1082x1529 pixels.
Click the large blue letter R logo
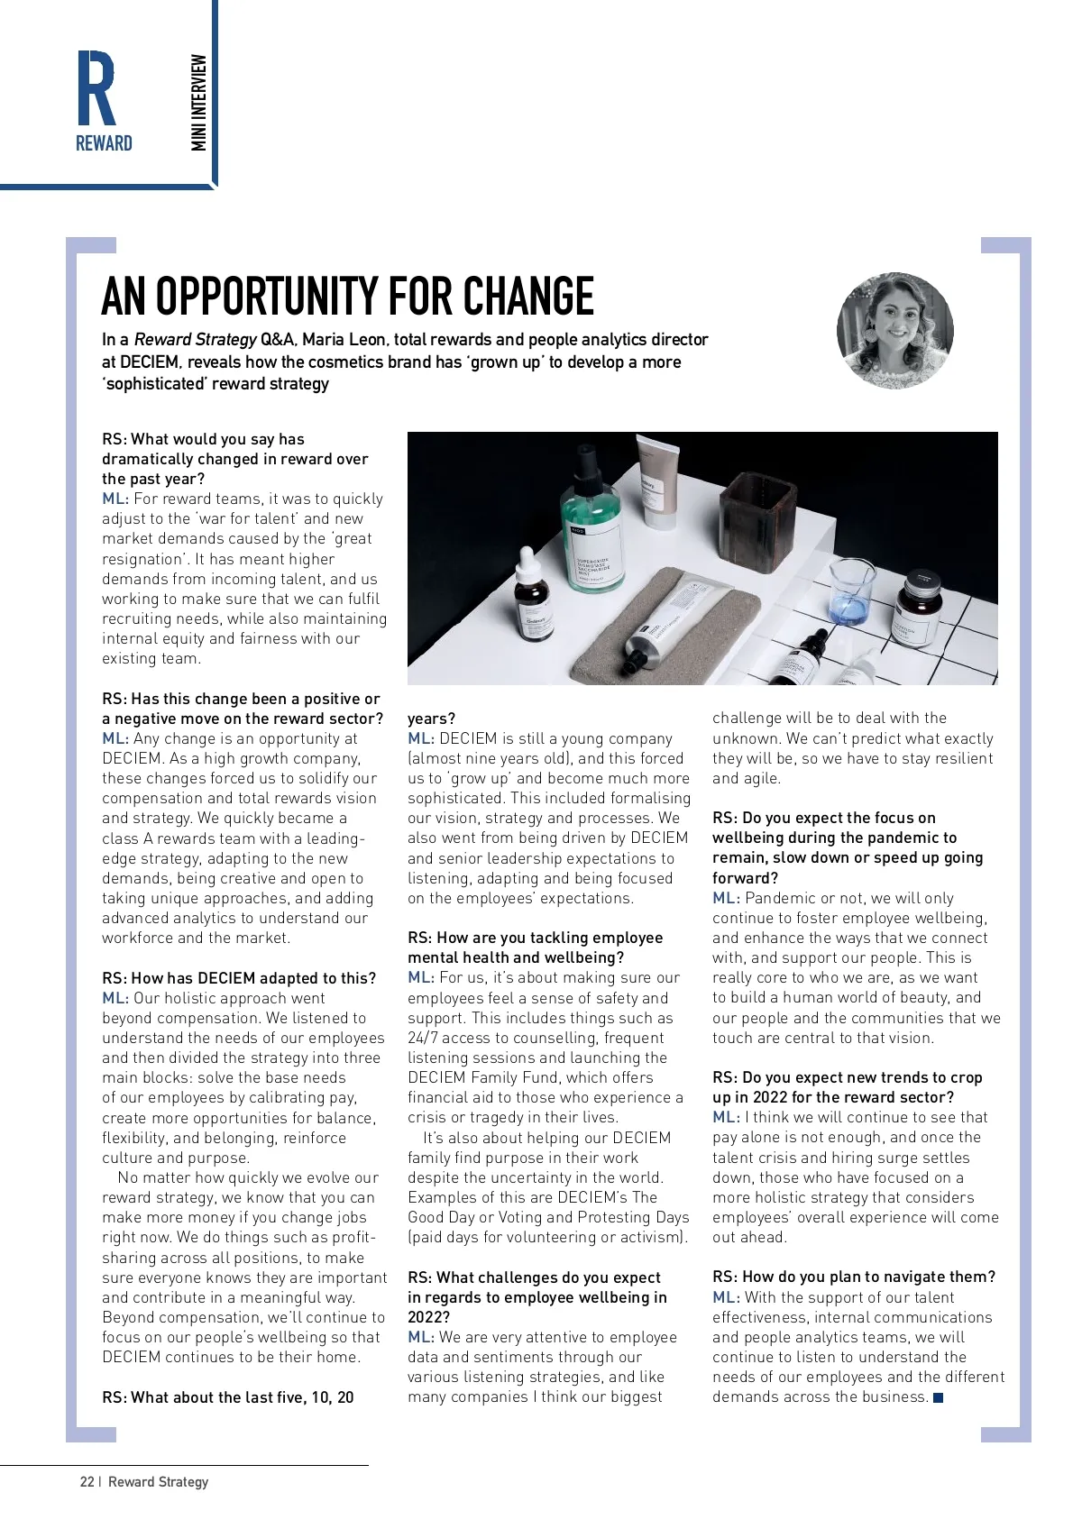[x=96, y=88]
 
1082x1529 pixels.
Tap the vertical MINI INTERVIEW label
[x=199, y=103]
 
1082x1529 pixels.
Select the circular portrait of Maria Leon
[x=894, y=331]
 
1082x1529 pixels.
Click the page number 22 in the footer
[x=87, y=1481]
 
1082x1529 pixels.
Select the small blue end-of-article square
[x=938, y=1397]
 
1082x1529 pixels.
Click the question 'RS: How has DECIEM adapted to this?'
[x=239, y=978]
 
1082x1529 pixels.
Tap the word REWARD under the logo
[x=104, y=144]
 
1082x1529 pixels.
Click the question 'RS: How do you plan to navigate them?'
[x=854, y=1277]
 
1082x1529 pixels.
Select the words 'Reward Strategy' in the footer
[x=158, y=1481]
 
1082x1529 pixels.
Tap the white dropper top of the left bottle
[x=526, y=563]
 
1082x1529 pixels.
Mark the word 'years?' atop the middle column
[x=431, y=719]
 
